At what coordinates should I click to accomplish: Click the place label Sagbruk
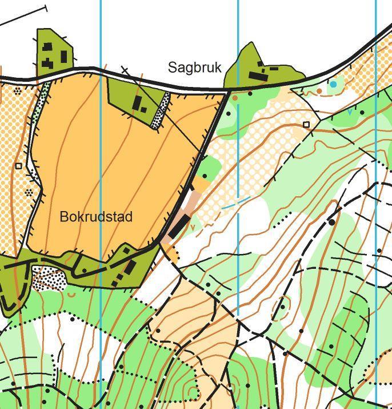194,67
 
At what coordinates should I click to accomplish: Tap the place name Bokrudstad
96,217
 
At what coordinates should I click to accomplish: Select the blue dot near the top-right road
333,84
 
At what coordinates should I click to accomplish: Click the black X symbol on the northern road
125,70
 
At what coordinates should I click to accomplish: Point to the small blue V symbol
350,113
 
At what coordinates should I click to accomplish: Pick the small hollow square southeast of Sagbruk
306,124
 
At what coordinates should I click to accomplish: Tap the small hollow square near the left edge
18,166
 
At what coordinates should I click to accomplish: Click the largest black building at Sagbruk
258,76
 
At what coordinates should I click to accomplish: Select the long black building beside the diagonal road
178,227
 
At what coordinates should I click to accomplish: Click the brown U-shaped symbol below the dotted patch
71,295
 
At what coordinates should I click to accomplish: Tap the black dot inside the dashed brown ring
282,307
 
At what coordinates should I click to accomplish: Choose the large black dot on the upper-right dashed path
332,221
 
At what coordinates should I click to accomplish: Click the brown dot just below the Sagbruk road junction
235,98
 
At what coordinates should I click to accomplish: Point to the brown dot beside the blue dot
320,90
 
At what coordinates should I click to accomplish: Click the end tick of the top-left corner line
46,8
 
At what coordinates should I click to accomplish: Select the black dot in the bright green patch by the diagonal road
205,176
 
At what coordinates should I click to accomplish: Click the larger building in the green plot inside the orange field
137,102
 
